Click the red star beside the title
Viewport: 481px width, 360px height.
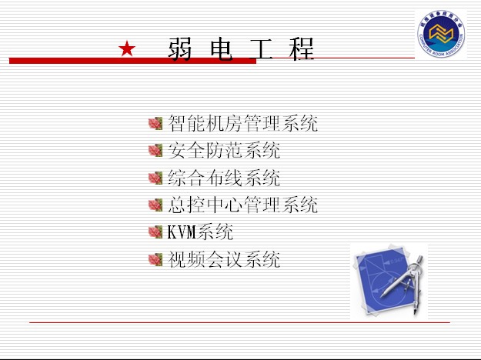(127, 48)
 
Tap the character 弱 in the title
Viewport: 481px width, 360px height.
(180, 48)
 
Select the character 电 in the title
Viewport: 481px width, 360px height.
(221, 48)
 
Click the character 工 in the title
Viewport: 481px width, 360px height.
(262, 48)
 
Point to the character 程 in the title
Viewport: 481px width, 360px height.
(302, 48)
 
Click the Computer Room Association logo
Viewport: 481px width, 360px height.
(441, 34)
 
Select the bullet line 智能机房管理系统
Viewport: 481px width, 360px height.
(242, 123)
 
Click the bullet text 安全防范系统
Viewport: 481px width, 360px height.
(224, 150)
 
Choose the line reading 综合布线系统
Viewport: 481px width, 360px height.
(224, 178)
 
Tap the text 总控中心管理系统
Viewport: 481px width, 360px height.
(242, 205)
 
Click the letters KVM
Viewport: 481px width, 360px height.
(182, 232)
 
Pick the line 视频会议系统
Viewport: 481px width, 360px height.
(224, 259)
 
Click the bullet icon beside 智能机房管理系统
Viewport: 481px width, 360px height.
(155, 124)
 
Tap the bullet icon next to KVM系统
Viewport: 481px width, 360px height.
(155, 232)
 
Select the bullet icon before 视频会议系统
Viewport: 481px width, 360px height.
(155, 260)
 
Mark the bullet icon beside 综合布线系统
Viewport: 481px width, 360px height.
(155, 178)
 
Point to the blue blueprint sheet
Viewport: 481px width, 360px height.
(383, 280)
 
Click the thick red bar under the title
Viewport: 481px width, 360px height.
(132, 61)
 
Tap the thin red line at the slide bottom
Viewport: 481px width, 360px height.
(239, 322)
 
